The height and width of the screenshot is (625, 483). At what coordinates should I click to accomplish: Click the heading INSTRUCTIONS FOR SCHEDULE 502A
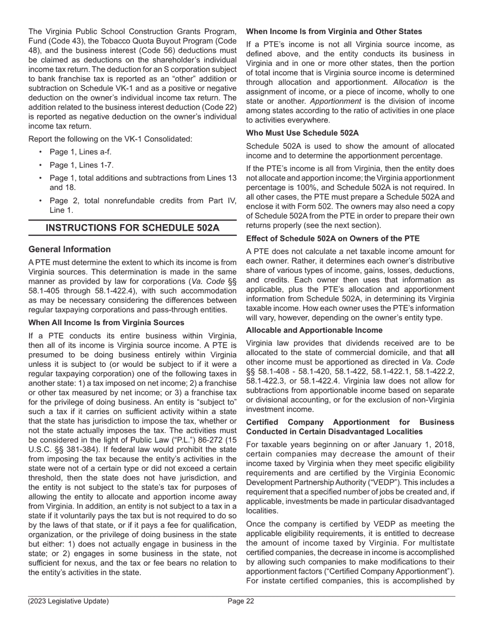(133, 228)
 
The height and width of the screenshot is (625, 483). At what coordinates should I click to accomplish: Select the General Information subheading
(70, 249)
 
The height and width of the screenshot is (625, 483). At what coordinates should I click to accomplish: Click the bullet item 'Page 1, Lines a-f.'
(80, 152)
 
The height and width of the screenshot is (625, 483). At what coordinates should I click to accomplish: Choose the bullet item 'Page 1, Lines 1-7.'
(81, 165)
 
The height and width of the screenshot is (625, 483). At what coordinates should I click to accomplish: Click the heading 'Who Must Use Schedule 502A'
(302, 133)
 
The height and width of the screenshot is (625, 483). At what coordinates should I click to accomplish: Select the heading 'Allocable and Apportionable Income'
(314, 330)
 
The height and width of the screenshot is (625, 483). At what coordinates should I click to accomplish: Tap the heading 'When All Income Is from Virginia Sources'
(106, 323)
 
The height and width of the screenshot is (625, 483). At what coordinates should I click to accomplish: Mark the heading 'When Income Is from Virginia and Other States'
(334, 32)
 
